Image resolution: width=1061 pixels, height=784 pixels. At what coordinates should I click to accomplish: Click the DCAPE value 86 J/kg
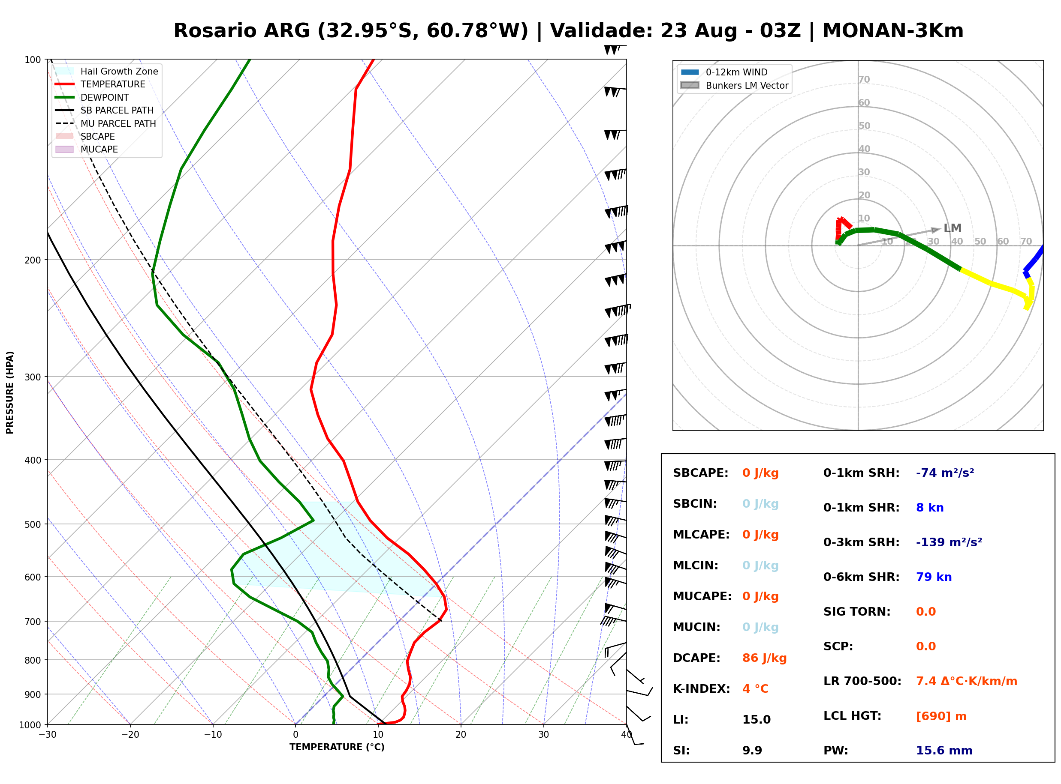764,658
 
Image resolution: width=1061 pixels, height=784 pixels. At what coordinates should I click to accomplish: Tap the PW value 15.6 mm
944,750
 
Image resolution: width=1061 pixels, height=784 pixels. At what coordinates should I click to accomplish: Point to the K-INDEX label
702,688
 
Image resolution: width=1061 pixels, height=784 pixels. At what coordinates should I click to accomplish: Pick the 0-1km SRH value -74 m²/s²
945,473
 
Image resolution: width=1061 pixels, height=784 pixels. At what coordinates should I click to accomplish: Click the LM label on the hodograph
952,228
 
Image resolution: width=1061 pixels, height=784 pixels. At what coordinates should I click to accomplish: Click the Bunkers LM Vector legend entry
734,85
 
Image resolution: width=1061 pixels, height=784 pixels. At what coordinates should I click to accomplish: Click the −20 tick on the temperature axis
130,735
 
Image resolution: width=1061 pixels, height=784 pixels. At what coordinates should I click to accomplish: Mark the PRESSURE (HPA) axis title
10,392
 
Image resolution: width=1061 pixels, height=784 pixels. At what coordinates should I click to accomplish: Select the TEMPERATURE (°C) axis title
337,747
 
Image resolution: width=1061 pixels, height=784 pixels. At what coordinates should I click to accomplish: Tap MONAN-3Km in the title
893,31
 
